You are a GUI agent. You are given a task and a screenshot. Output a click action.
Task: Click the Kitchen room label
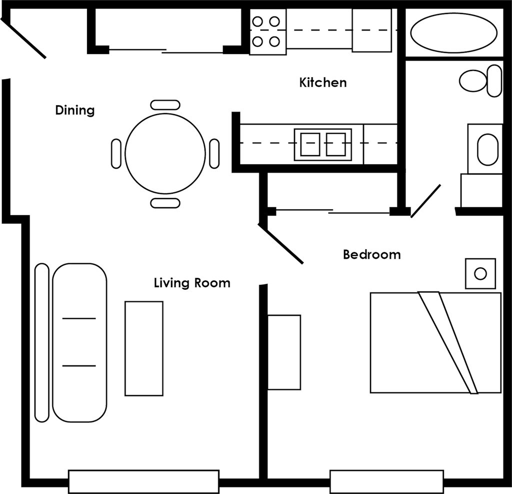[322, 83]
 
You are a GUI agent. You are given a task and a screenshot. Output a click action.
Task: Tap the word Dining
[74, 110]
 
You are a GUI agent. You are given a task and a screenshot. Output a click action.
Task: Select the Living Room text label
[192, 283]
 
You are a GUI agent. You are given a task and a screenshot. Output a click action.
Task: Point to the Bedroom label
[371, 255]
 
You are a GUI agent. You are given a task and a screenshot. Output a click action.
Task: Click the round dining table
[165, 154]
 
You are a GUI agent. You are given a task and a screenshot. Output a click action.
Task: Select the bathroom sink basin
[487, 149]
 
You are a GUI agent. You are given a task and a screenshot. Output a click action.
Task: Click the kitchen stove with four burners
[267, 32]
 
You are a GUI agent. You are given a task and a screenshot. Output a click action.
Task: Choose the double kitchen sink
[322, 144]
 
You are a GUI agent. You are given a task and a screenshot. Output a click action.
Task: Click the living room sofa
[79, 342]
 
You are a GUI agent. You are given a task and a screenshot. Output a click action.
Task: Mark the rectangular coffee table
[144, 348]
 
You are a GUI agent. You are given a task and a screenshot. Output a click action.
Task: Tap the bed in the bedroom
[435, 343]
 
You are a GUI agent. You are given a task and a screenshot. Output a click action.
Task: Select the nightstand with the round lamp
[480, 274]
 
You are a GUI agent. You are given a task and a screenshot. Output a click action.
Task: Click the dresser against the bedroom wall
[284, 352]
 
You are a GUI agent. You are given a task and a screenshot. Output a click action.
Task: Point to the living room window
[143, 481]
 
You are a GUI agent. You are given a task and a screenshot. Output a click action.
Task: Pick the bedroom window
[386, 481]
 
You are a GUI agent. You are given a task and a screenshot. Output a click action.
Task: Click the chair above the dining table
[165, 105]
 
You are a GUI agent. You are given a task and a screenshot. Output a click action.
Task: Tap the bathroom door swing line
[425, 201]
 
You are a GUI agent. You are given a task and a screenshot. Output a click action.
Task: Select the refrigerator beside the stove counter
[371, 31]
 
